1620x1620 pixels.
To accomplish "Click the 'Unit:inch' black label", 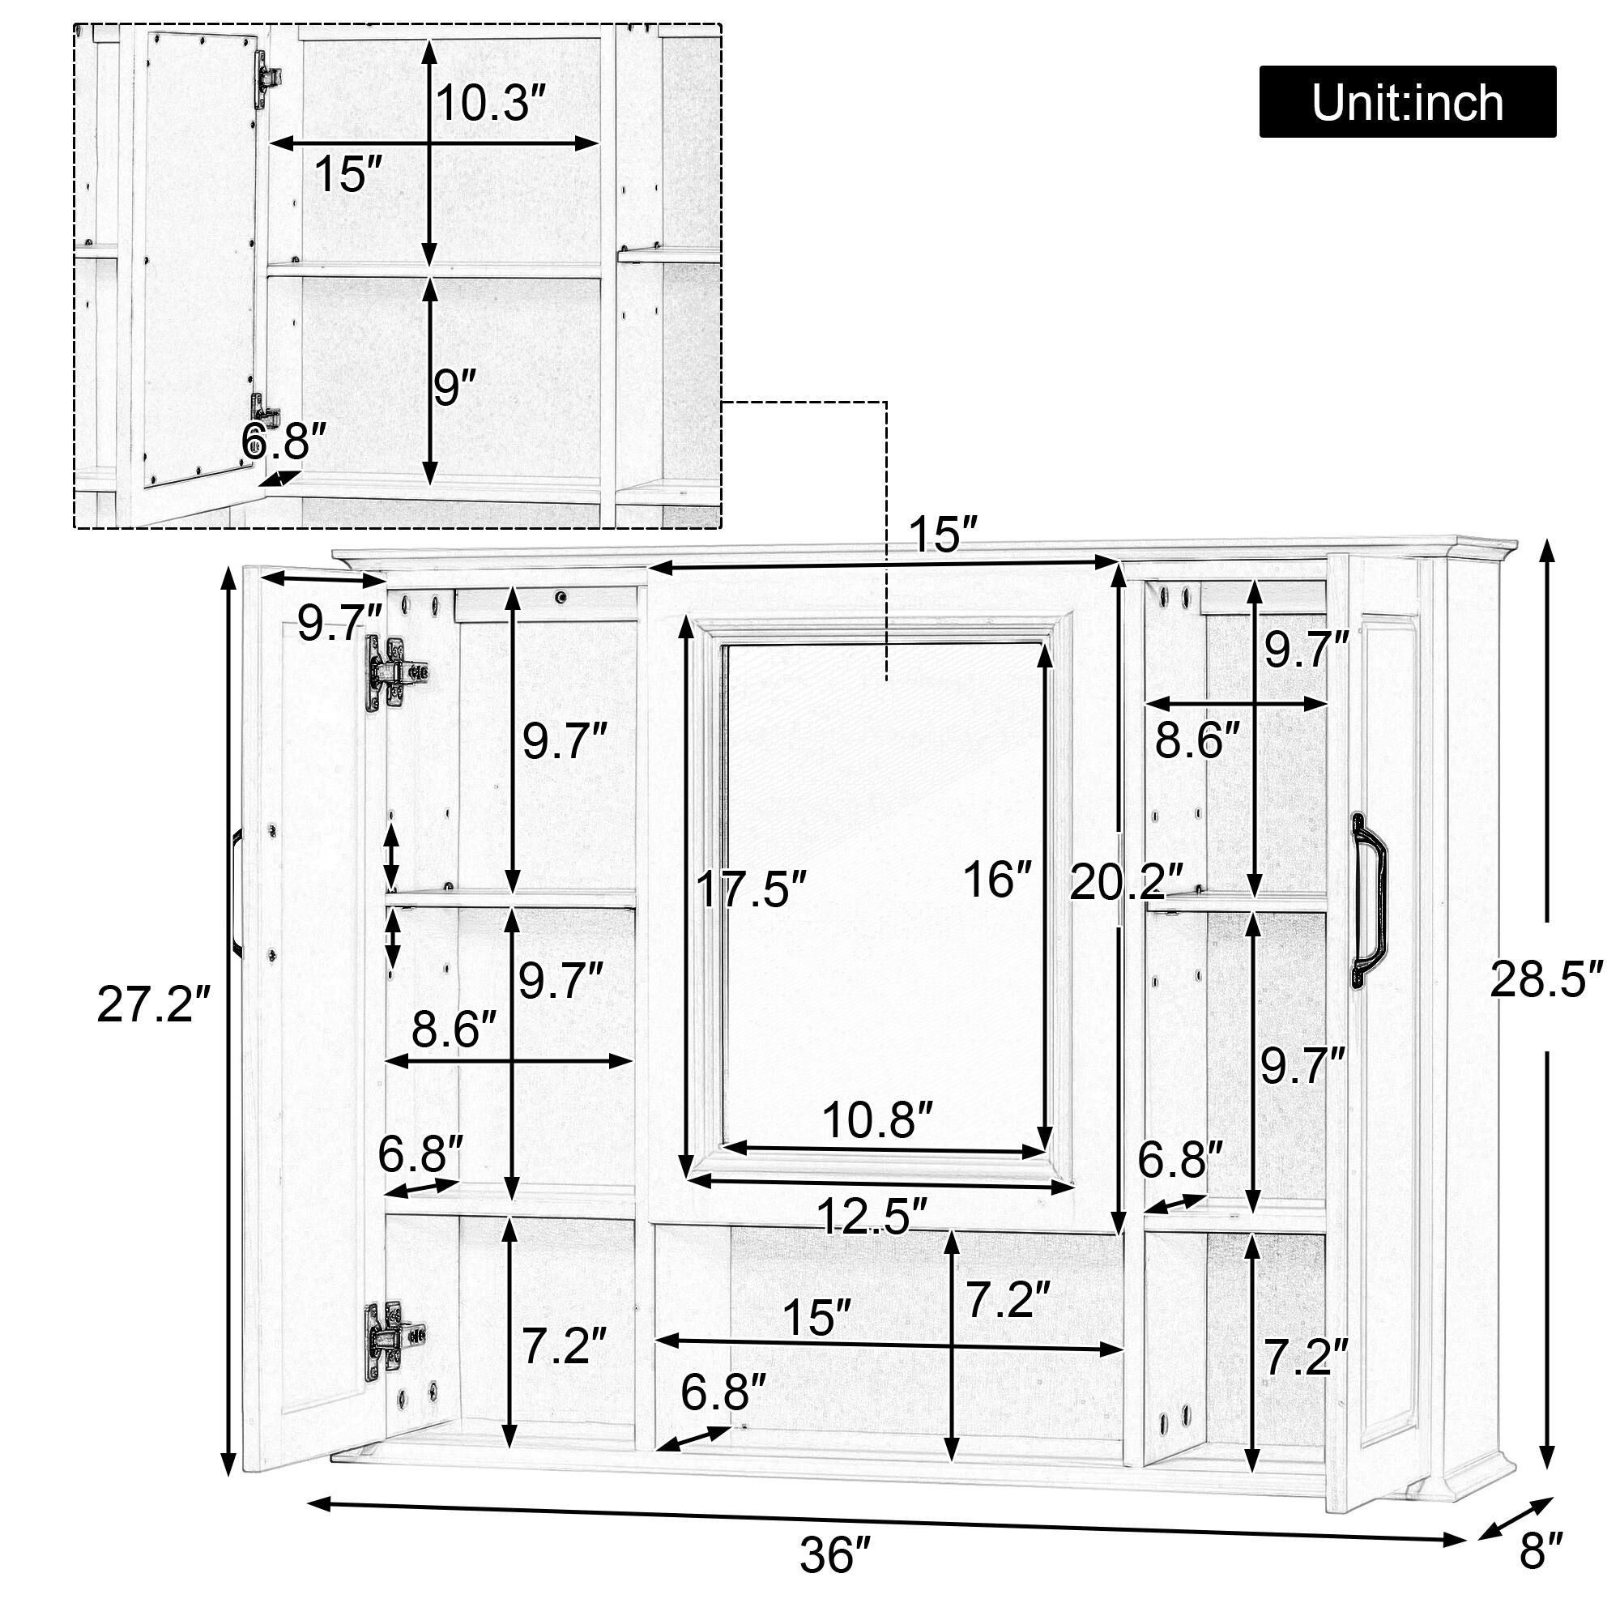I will (1406, 102).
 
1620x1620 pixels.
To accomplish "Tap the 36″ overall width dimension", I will (835, 1556).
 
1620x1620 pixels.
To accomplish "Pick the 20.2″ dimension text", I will (1126, 882).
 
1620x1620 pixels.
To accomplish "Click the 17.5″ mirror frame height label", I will (752, 889).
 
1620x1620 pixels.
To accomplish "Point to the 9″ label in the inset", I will (454, 387).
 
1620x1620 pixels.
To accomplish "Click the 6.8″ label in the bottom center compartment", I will (723, 1392).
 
